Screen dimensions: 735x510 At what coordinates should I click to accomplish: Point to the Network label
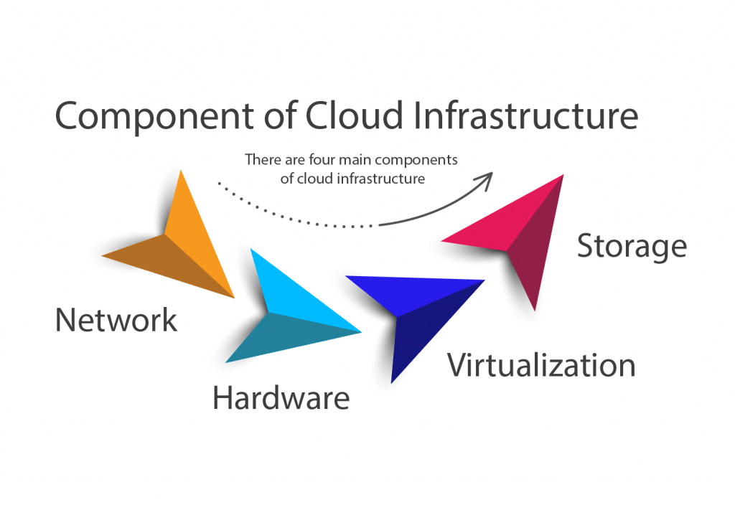pyautogui.click(x=116, y=320)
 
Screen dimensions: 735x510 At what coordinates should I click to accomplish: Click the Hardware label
pyautogui.click(x=281, y=397)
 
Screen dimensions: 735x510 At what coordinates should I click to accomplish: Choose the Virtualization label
pyautogui.click(x=541, y=365)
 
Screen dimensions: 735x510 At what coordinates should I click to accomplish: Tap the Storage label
pyautogui.click(x=632, y=246)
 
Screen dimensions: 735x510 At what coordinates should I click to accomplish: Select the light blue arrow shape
pyautogui.click(x=281, y=313)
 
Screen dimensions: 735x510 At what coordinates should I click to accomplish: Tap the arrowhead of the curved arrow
pyautogui.click(x=487, y=179)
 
